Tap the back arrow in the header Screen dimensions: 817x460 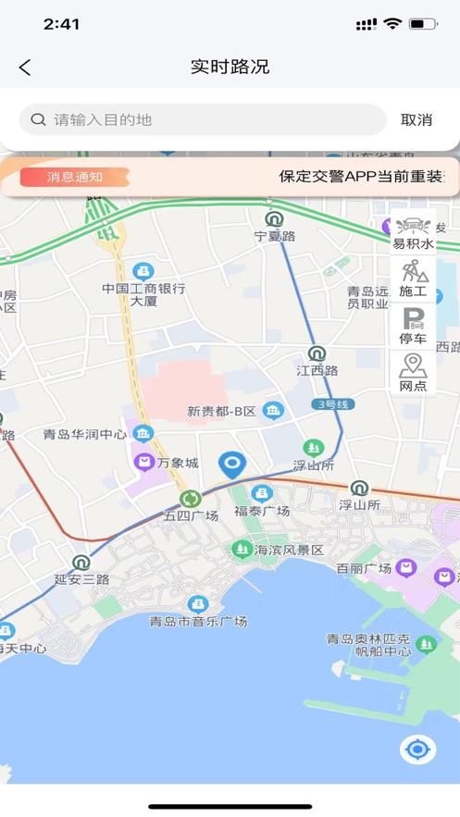25,67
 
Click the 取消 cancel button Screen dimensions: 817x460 416,119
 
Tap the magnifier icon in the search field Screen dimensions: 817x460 39,119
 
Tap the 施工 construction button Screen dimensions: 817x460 413,279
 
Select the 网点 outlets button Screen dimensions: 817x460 413,374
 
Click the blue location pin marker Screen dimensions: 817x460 231,464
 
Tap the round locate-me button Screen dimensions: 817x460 417,749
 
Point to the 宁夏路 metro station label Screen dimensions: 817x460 275,236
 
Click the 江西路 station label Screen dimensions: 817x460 317,370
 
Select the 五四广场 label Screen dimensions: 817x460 191,515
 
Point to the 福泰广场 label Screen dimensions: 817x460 262,510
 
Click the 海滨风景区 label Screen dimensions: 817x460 289,550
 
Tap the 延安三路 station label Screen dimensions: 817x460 81,579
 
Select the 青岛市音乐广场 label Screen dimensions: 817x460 198,621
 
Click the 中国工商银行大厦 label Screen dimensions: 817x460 143,294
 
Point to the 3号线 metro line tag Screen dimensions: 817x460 334,404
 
